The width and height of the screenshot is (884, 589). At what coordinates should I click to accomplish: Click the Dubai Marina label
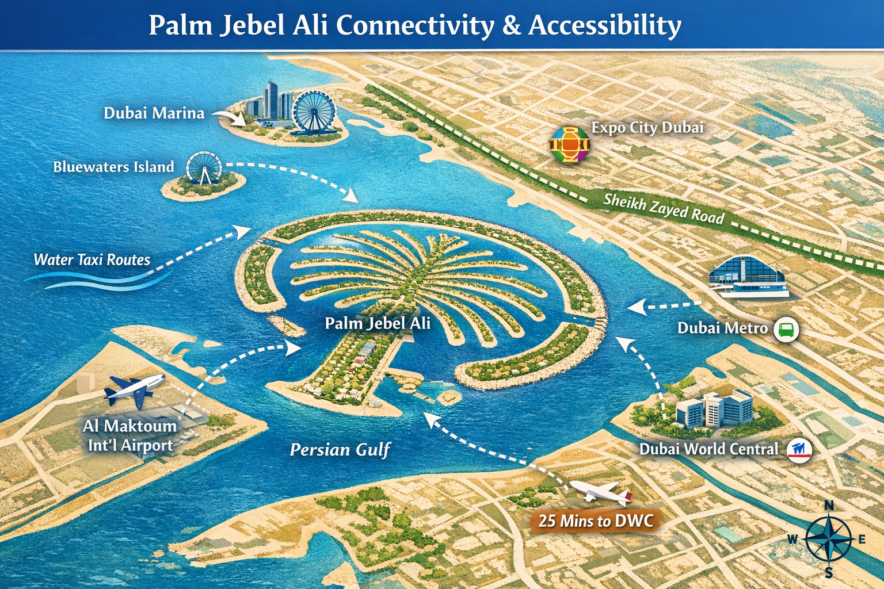coord(154,113)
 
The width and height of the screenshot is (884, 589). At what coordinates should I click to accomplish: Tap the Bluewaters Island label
coord(113,167)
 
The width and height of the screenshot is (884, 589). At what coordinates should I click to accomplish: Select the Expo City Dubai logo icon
coord(570,144)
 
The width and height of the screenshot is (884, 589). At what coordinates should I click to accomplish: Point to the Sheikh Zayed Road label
coord(664,208)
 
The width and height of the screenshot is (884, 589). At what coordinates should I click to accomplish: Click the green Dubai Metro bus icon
coord(786,330)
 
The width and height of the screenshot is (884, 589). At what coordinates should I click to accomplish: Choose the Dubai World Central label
coord(708,449)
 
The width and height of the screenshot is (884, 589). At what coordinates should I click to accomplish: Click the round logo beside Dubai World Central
coord(799,450)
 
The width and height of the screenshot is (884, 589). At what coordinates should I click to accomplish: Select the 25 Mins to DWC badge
coord(596,521)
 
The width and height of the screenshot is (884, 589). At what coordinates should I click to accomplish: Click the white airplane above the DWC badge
coord(600,492)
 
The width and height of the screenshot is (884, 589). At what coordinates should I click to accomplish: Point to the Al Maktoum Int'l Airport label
coord(130,435)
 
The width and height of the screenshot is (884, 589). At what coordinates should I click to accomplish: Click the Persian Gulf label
coord(340,449)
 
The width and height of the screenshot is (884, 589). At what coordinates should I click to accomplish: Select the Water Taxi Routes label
coord(92,260)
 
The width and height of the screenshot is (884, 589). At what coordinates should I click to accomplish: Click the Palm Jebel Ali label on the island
coord(378,323)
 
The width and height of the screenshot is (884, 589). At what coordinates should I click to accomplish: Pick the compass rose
coord(828,540)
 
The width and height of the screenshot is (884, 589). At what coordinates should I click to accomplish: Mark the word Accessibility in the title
coord(605,25)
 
